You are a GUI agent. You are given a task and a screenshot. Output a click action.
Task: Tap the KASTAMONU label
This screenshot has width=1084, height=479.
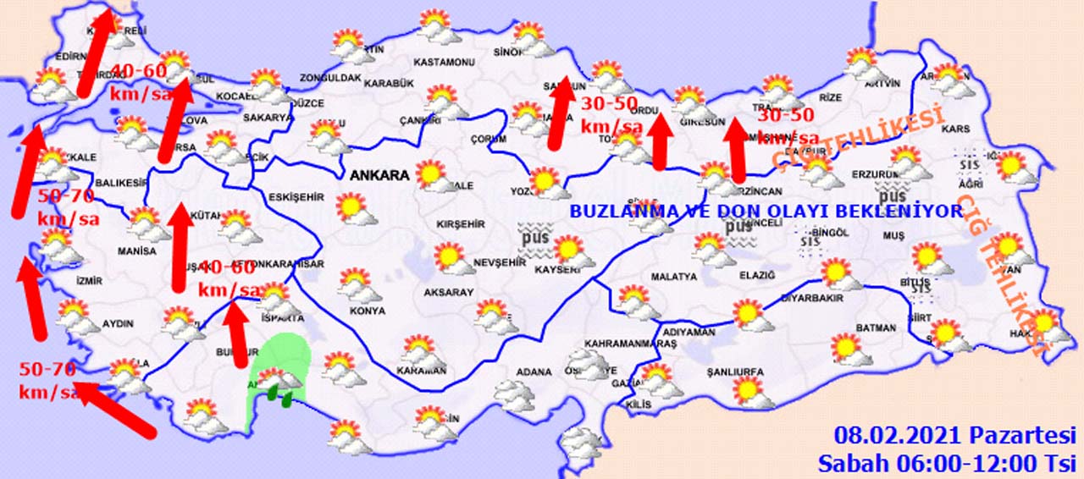coord(444,63)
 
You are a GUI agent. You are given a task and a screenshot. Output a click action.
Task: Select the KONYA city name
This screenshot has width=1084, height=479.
coord(367,311)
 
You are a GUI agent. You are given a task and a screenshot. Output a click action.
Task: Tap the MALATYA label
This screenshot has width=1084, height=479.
coord(673,277)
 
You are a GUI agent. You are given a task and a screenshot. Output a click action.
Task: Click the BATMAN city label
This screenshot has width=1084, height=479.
coord(876,328)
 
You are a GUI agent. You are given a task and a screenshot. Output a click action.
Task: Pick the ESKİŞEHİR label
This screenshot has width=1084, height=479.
coord(296,197)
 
